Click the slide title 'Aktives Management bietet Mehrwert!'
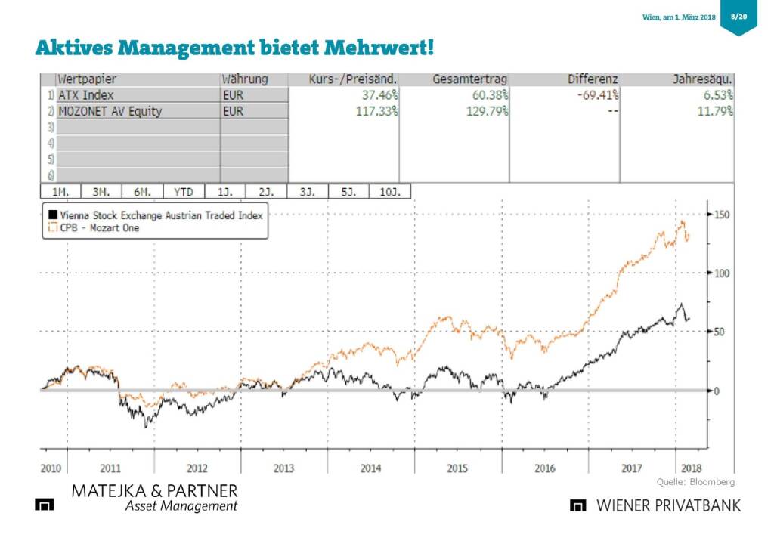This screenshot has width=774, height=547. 234,48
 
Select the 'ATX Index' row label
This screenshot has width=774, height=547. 83,95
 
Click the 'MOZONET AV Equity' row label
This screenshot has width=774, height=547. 110,111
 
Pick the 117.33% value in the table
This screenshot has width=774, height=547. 376,111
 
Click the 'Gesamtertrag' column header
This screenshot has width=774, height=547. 469,79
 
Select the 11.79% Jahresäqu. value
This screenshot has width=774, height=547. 715,111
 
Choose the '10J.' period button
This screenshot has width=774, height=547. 390,192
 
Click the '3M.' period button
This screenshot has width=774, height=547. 100,192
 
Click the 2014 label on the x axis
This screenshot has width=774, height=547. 370,468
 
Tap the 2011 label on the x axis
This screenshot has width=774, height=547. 110,468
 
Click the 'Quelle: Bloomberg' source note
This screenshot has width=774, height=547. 695,481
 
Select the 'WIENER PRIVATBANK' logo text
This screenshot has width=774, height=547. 669,505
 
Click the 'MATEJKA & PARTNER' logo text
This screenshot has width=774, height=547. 154,491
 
